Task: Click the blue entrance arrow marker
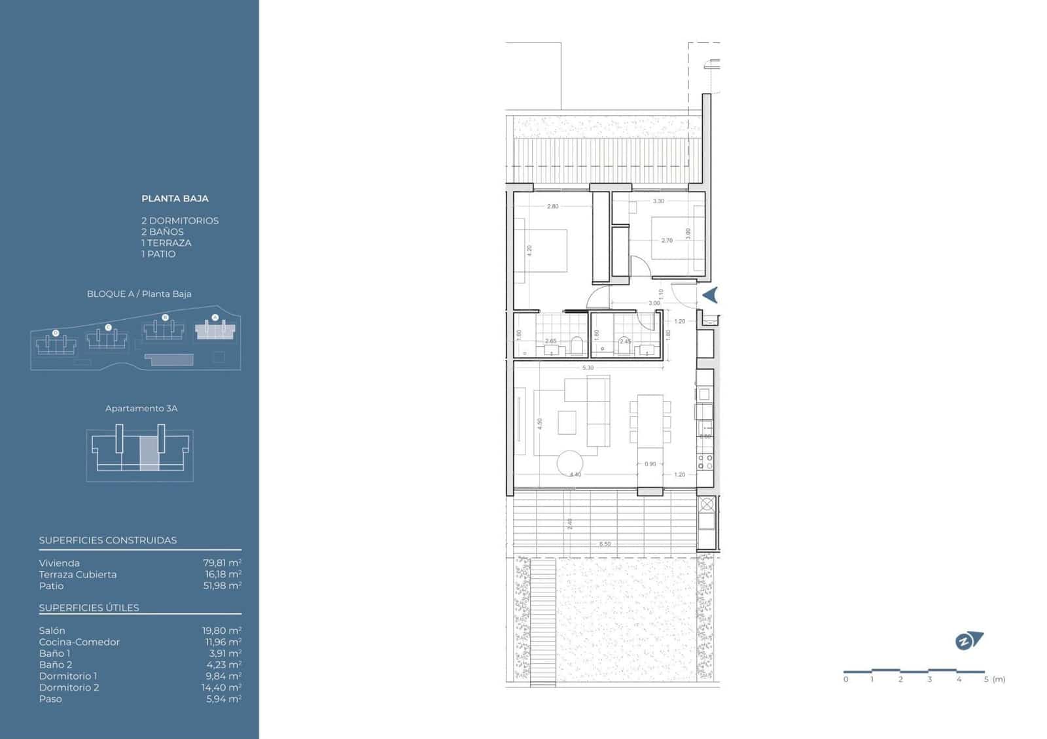[711, 296]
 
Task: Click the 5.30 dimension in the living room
[588, 368]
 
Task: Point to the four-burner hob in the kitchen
[705, 462]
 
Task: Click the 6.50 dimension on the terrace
[605, 544]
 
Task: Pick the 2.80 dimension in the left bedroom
[553, 207]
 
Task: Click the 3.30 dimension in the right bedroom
[658, 201]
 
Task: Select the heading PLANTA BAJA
[175, 199]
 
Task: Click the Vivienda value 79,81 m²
[222, 563]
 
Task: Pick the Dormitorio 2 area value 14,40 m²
[221, 687]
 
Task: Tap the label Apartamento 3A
[141, 409]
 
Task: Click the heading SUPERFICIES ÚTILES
[89, 608]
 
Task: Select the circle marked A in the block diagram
[215, 317]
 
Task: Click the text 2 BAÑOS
[162, 232]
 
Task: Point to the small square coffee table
[567, 422]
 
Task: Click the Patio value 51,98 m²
[222, 586]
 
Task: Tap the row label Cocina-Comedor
[79, 642]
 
